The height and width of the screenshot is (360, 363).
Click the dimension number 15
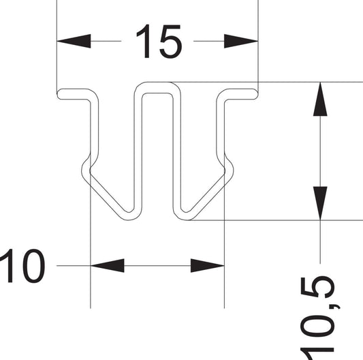(x=159, y=42)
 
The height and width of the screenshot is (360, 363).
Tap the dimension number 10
(x=22, y=266)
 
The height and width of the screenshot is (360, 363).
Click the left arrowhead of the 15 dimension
(x=74, y=41)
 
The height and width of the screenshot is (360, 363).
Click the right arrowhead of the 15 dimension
(x=241, y=41)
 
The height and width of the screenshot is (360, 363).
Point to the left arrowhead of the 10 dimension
(x=107, y=266)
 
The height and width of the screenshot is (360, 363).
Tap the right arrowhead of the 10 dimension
(x=208, y=266)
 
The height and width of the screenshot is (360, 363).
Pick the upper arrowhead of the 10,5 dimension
(x=320, y=99)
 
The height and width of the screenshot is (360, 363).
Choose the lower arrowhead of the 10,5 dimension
(x=320, y=203)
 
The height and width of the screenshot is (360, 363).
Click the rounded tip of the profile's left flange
(x=59, y=94)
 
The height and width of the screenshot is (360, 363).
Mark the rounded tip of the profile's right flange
(x=256, y=94)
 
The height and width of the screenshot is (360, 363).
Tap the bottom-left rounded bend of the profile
(x=129, y=216)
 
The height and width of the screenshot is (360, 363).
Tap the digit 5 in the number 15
(x=171, y=42)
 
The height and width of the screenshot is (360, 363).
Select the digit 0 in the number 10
(x=34, y=266)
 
